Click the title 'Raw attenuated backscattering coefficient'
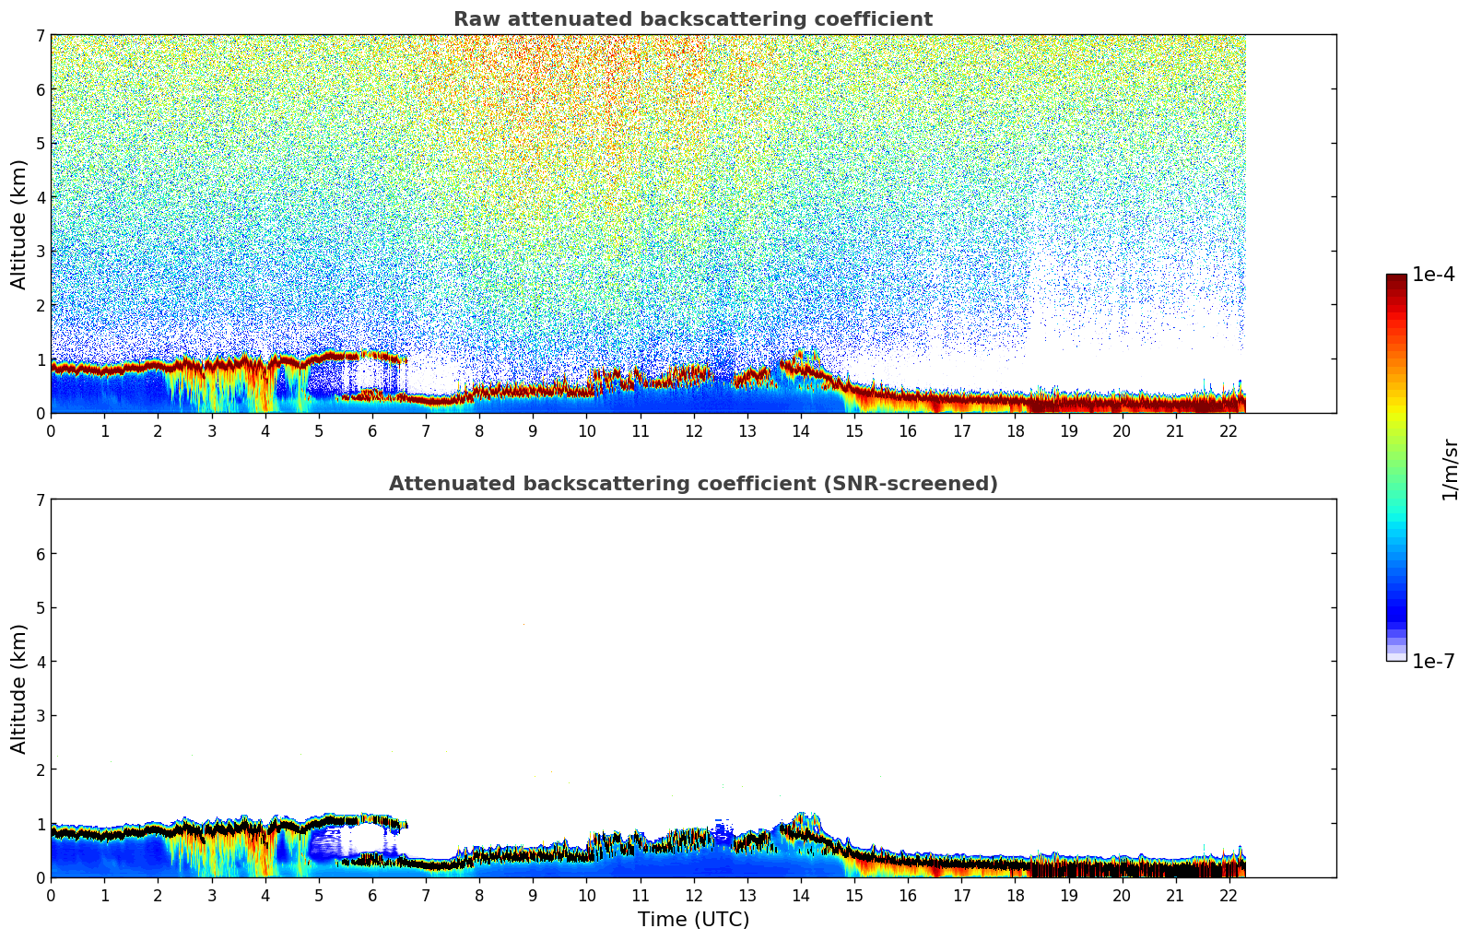tap(692, 19)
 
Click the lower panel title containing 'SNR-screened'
tap(692, 484)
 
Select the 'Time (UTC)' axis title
tap(693, 920)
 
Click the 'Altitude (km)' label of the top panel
tap(19, 224)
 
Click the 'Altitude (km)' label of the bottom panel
tap(19, 688)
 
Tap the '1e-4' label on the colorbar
tap(1433, 275)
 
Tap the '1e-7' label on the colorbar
tap(1433, 662)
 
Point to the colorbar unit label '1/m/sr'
tap(1450, 469)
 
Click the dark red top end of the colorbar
tap(1396, 278)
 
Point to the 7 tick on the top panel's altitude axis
tap(40, 35)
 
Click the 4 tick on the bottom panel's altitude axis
tap(40, 662)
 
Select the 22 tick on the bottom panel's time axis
tap(1229, 895)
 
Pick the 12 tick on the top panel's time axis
tap(693, 430)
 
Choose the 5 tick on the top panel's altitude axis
tap(40, 143)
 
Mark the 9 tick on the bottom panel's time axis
tap(533, 895)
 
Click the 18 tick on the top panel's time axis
tap(1015, 430)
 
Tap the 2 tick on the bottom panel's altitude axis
tap(40, 770)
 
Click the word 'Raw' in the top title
tap(473, 19)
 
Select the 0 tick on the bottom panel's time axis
tap(51, 895)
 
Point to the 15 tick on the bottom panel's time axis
tap(854, 895)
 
